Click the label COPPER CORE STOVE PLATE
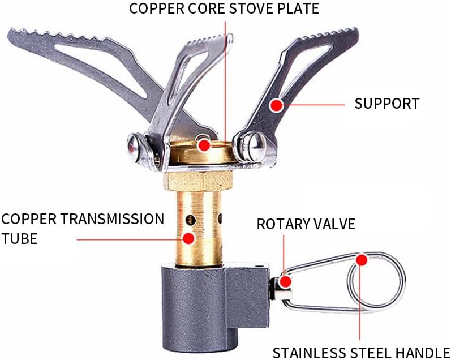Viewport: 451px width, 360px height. (x=224, y=9)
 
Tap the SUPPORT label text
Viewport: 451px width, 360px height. (x=386, y=104)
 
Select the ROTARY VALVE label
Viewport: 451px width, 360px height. (x=306, y=224)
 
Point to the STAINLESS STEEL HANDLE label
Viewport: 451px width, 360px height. (x=360, y=352)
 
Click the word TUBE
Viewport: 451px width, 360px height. (x=19, y=239)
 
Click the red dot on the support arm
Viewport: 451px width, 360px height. (x=276, y=105)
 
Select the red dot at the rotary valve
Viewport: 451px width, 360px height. (x=285, y=281)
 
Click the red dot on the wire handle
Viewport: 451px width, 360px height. (x=361, y=259)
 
